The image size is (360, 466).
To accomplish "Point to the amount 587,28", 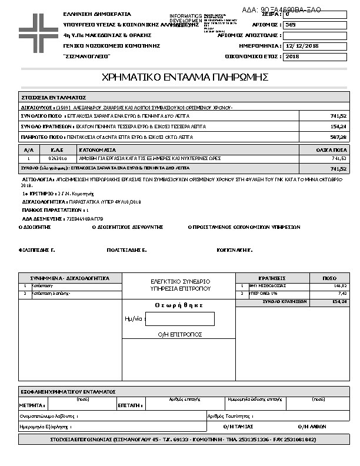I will [x=338, y=137].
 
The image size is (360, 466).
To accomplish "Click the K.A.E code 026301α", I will [x=58, y=158].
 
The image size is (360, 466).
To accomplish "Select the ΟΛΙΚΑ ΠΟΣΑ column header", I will [x=331, y=151].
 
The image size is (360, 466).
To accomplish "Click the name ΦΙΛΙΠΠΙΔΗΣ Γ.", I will [x=37, y=250].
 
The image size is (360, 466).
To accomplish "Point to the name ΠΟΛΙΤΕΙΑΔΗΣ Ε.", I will [x=126, y=250].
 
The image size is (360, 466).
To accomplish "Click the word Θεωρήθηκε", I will [x=179, y=305].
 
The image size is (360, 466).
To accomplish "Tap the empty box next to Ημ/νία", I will [x=179, y=319].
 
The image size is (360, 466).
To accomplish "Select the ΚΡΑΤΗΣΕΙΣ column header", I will [x=272, y=278].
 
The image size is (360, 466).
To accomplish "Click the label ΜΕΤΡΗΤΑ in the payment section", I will [x=32, y=405].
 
